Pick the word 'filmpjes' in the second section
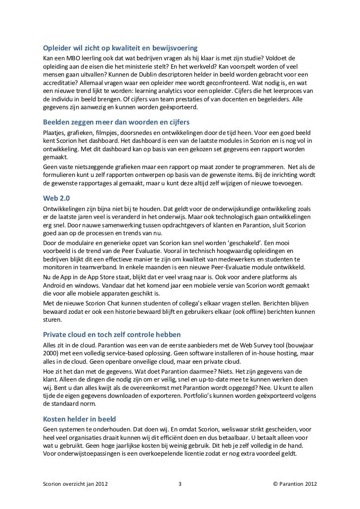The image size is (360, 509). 112,134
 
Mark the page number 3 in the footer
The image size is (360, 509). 180,485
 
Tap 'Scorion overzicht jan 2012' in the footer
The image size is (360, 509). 75,485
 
